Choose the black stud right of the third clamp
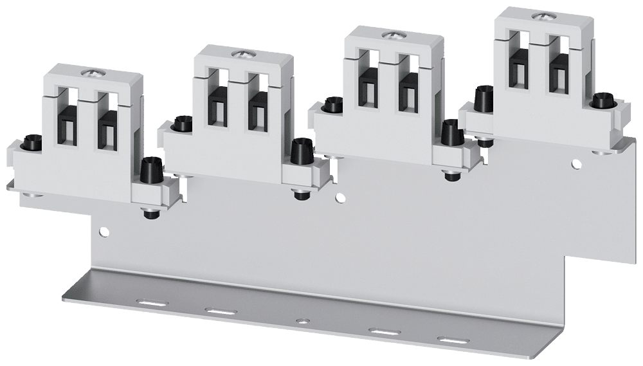449,132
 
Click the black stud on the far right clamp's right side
601,100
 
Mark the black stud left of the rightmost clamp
482,98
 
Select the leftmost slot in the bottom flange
150,300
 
